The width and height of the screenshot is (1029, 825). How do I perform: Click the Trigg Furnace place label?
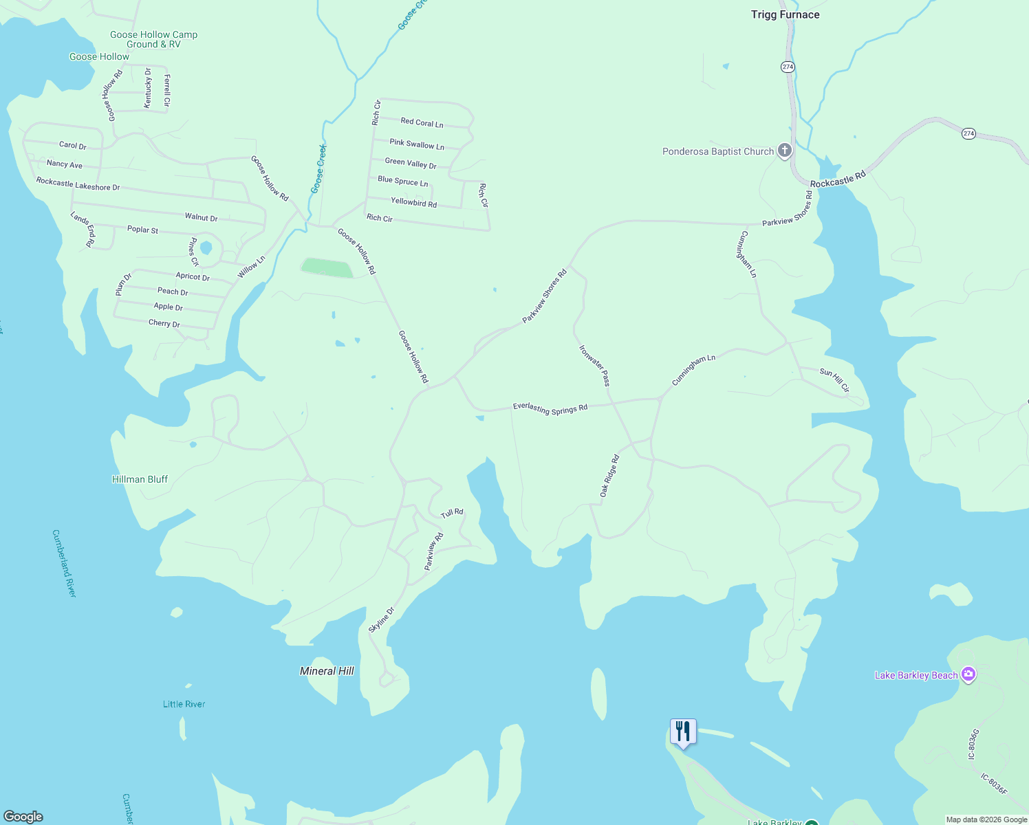(785, 14)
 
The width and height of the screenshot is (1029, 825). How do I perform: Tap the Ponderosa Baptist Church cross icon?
(784, 151)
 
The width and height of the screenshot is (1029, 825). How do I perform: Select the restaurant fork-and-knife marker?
(683, 731)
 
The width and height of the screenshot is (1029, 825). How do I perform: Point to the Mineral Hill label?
(327, 671)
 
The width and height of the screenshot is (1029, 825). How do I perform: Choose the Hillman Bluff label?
(140, 479)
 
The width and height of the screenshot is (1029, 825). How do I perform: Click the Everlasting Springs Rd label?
(550, 408)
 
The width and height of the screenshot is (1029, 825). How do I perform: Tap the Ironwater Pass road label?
(594, 366)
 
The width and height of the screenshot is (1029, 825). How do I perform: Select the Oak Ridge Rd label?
(609, 476)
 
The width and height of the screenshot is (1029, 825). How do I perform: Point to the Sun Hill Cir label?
(834, 380)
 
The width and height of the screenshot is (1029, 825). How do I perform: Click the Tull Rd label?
(452, 513)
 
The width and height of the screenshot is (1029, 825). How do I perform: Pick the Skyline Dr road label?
(382, 619)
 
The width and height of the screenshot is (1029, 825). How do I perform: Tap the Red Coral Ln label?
(422, 122)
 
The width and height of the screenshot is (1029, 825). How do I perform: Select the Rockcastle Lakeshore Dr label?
(78, 184)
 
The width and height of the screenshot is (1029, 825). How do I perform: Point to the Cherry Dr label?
(164, 323)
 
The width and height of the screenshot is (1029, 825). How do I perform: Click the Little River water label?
(184, 704)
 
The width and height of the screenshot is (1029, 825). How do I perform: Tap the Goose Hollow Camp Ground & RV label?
(153, 39)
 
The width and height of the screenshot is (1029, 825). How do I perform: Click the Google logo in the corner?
(23, 816)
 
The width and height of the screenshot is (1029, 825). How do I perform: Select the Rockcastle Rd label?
(837, 180)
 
